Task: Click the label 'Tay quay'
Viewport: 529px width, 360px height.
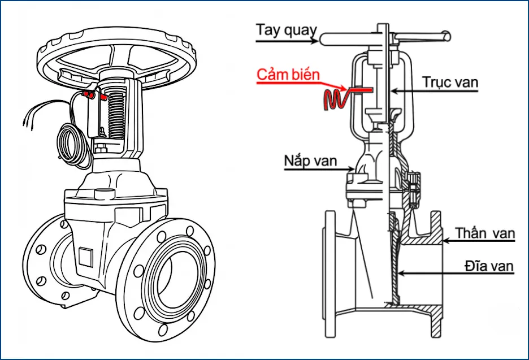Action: coord(286,29)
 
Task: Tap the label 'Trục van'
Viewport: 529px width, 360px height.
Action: coord(450,82)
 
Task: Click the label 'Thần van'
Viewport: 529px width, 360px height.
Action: coord(485,233)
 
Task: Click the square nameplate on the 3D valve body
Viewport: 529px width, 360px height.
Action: coord(86,258)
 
